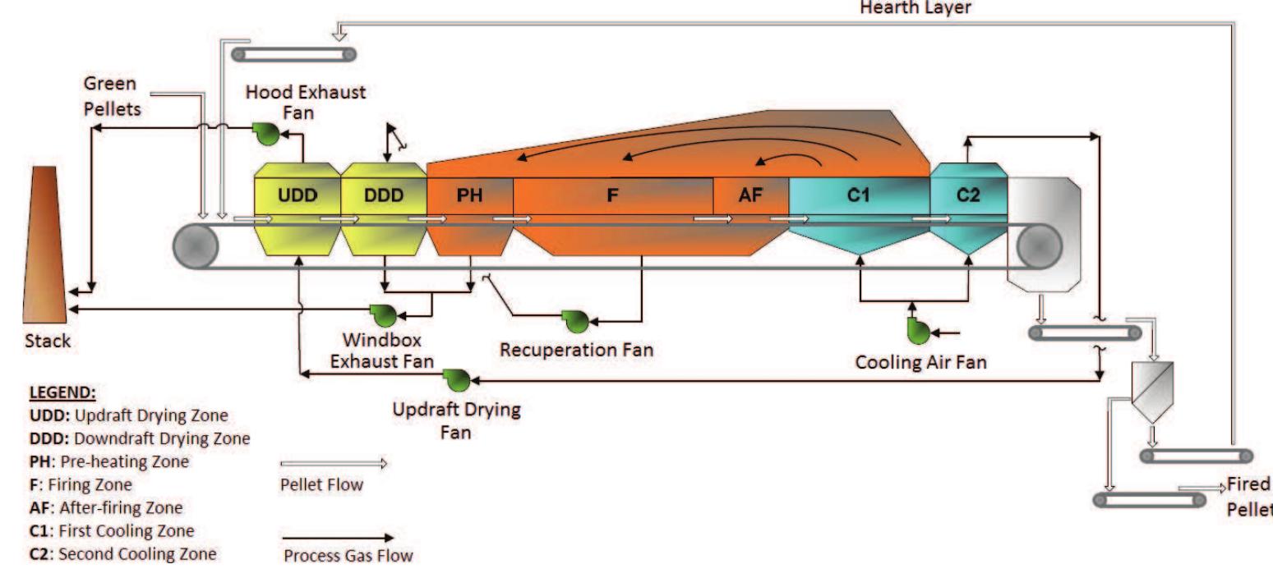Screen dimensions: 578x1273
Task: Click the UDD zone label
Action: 296,196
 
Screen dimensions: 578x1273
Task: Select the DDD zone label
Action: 382,196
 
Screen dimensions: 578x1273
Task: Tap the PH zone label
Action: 470,196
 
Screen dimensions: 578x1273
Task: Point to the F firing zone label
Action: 612,196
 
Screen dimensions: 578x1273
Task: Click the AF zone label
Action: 750,196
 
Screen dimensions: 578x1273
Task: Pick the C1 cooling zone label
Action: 859,196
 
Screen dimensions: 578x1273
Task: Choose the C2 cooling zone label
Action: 968,196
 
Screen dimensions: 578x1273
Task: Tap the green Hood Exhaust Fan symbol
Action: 266,134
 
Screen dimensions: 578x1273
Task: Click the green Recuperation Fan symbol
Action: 574,320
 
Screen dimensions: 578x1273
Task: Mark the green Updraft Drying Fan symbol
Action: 454,378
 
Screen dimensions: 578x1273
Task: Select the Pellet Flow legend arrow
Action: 333,464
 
